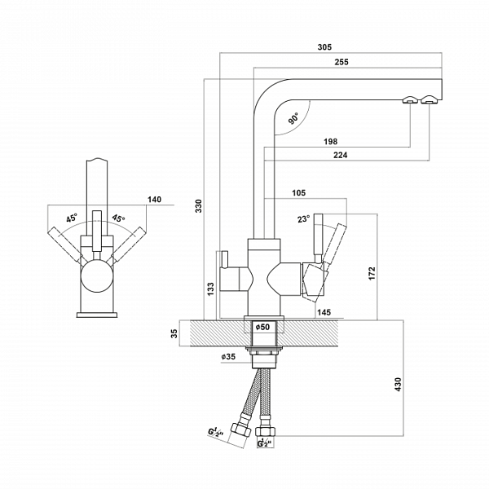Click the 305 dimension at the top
[324, 46]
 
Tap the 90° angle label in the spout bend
[293, 118]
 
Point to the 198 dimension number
[330, 142]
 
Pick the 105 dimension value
[297, 193]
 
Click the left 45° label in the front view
[71, 218]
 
